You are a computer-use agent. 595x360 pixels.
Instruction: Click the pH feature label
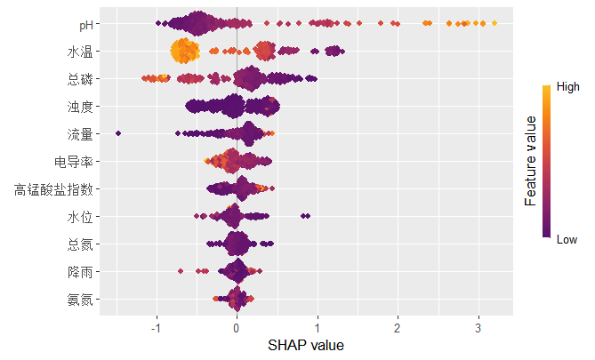point(84,25)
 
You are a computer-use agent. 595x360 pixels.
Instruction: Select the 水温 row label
point(79,52)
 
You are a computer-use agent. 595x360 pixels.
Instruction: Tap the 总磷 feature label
point(79,80)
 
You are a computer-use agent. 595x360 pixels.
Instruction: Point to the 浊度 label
point(79,107)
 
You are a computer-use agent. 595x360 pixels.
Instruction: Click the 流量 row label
point(79,134)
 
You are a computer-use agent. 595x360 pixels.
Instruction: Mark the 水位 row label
point(79,217)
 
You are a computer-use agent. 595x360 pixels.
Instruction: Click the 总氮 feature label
point(79,244)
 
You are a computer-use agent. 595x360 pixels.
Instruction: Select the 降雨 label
point(79,271)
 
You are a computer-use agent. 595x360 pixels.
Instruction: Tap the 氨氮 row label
point(79,299)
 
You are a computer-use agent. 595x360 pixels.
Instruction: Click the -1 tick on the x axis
point(156,325)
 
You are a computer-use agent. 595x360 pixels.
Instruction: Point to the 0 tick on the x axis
point(237,325)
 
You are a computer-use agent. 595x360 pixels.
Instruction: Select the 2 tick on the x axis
point(398,325)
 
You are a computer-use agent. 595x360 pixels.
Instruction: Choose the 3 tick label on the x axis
point(479,325)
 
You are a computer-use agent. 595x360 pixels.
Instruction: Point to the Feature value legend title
point(530,160)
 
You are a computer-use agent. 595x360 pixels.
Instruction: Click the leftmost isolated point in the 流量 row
point(118,133)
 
